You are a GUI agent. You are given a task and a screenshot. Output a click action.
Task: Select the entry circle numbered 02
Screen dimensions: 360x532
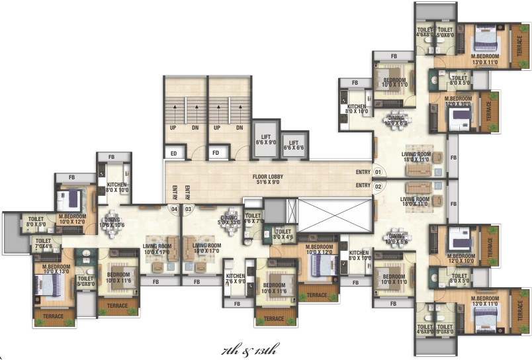coord(378,186)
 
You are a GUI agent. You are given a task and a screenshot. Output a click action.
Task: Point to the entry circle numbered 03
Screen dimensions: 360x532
coord(188,209)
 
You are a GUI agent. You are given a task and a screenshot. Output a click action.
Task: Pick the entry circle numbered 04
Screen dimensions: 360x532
coord(174,209)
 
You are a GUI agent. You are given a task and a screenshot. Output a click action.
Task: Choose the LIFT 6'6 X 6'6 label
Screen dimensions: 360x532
coord(292,146)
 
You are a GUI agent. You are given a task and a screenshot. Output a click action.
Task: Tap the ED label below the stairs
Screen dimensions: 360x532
coord(173,154)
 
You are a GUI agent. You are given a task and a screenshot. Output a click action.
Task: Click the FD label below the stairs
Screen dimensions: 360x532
coord(216,154)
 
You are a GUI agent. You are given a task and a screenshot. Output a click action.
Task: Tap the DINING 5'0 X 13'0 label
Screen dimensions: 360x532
coord(230,219)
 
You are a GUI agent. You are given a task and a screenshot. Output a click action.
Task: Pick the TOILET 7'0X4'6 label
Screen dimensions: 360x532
coord(44,244)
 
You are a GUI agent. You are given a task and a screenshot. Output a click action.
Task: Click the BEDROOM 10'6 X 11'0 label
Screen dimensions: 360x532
coord(393,279)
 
